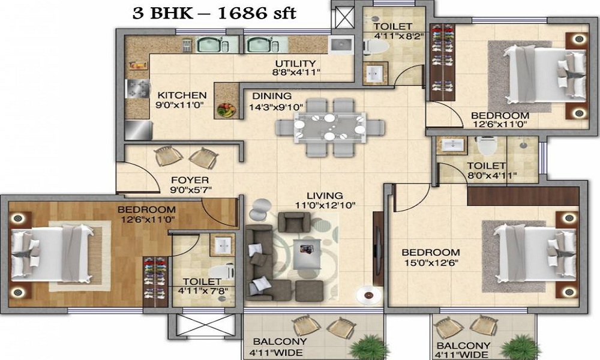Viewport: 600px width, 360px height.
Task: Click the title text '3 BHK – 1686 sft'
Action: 214,13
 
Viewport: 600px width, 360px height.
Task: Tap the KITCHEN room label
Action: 182,95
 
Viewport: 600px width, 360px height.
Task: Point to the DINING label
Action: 272,96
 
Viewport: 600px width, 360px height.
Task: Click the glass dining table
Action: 330,127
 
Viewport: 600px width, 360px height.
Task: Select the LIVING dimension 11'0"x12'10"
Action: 325,205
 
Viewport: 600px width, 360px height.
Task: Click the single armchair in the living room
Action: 294,222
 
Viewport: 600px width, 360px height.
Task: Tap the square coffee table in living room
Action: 307,254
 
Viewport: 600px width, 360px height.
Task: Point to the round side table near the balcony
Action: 369,295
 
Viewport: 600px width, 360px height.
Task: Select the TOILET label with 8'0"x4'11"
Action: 487,166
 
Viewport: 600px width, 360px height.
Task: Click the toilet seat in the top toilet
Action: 376,47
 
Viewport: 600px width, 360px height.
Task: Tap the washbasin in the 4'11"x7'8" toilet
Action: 223,245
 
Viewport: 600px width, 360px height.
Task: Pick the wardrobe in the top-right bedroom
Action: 443,62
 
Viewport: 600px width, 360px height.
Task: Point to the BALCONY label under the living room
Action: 280,341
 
